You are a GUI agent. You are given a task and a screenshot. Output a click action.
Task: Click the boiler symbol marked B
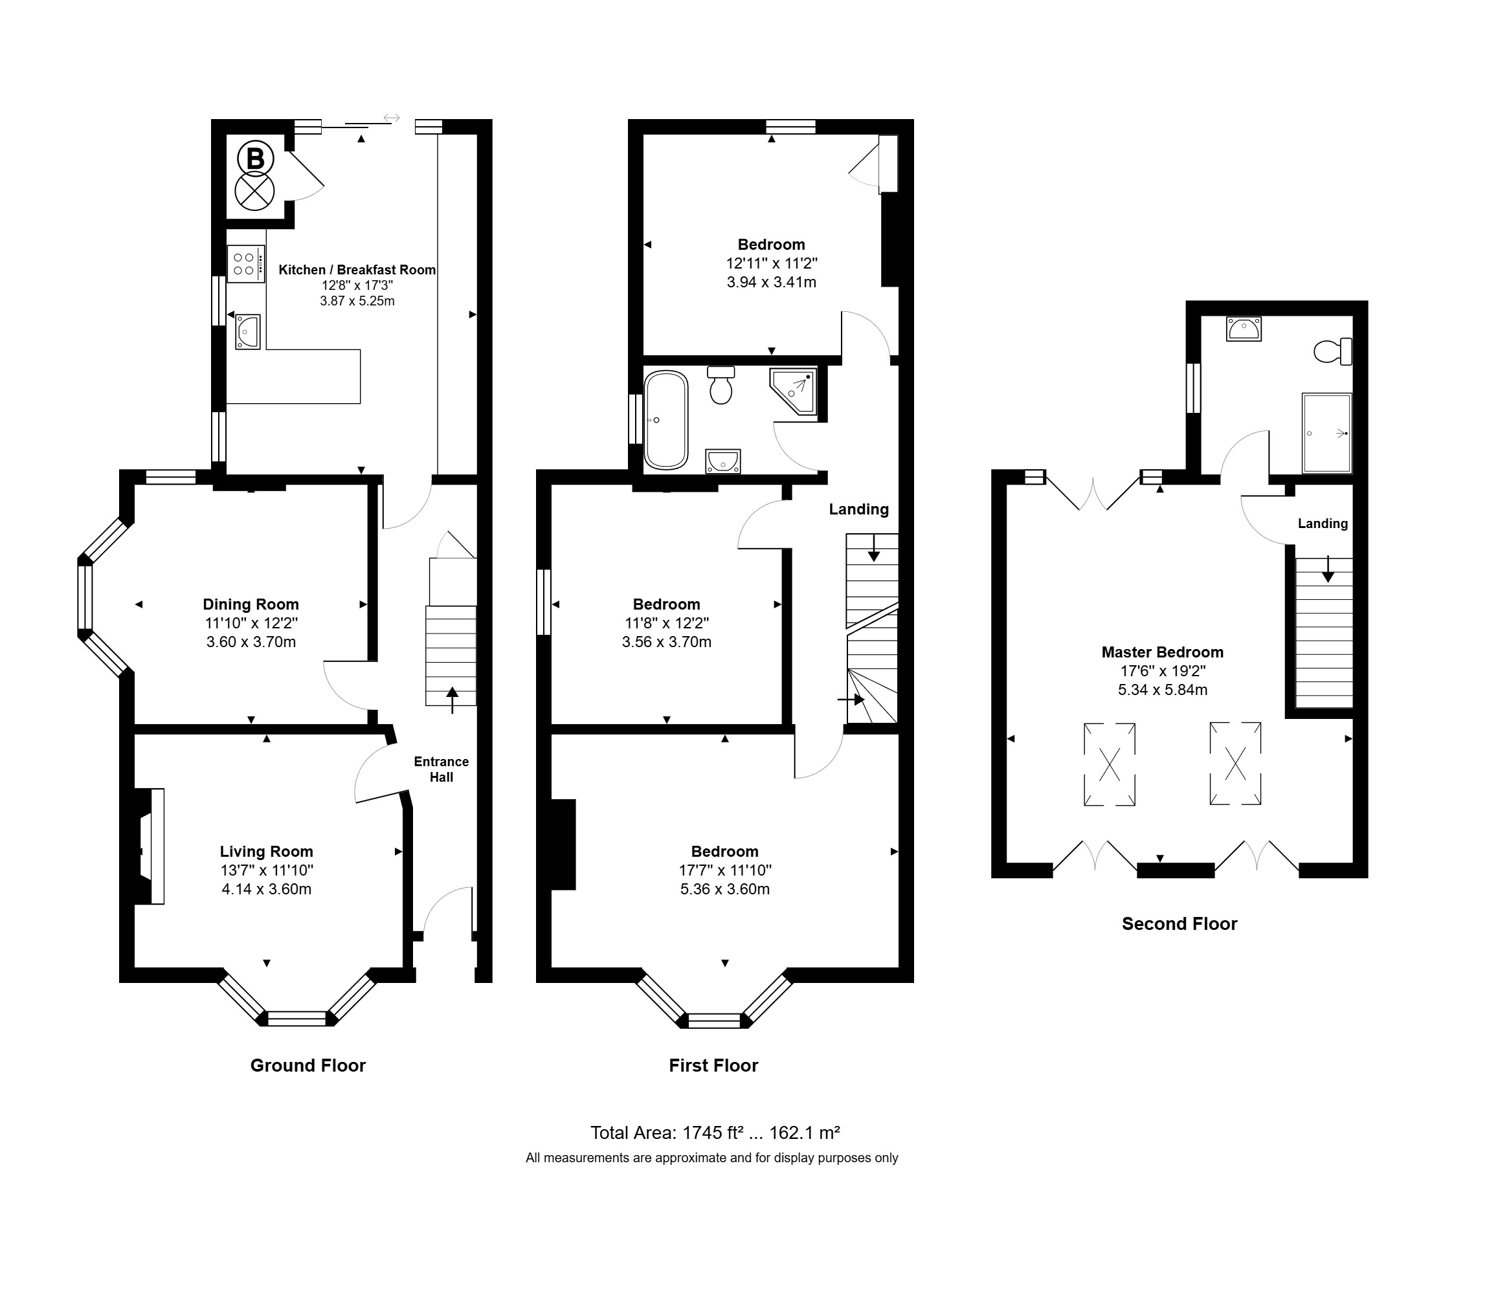255,159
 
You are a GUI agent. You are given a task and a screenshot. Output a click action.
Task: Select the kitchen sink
247,332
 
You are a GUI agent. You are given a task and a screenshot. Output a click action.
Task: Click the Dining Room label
251,604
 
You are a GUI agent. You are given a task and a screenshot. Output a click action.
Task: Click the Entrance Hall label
441,769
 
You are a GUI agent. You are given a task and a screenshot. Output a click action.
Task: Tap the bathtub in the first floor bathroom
666,420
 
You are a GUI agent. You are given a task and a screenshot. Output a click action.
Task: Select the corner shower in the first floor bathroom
793,392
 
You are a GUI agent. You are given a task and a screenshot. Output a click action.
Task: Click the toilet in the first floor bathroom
721,384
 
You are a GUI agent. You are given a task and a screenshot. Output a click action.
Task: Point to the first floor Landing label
858,509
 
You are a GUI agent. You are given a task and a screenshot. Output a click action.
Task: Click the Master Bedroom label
1163,652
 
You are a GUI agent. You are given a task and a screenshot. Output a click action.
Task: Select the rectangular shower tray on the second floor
1327,433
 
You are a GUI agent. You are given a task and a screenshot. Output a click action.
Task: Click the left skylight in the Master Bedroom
1110,764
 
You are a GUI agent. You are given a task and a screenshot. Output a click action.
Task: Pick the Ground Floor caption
307,1066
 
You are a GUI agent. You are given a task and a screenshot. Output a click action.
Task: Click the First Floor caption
713,1066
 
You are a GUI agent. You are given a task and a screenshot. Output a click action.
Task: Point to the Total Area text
715,1133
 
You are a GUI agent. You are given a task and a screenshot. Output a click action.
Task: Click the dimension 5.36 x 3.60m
725,889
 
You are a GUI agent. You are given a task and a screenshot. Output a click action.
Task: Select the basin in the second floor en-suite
1244,329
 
